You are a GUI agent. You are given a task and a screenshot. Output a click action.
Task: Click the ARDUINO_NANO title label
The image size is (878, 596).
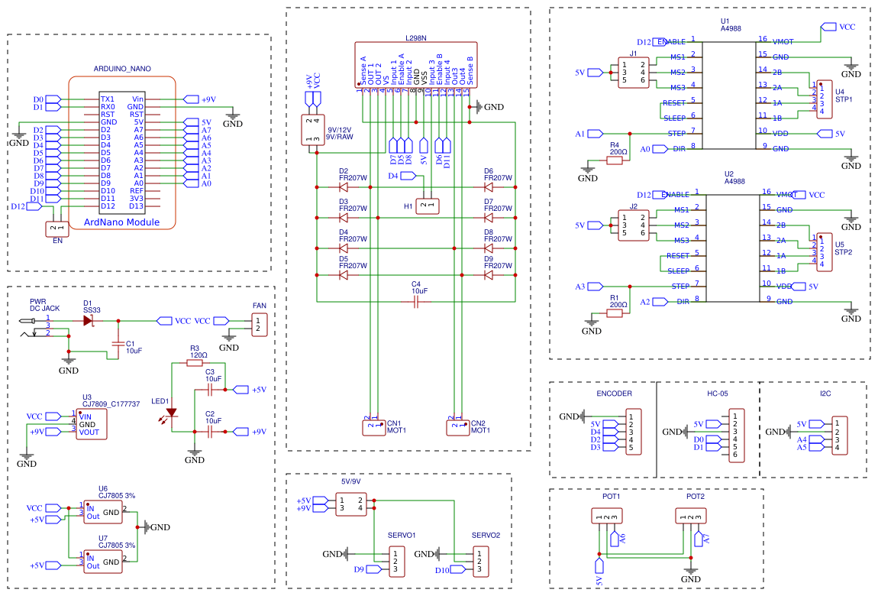tap(122, 69)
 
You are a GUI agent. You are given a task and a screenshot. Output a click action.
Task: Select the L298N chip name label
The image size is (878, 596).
tap(416, 37)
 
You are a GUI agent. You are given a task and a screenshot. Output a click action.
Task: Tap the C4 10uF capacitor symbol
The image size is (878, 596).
tap(416, 303)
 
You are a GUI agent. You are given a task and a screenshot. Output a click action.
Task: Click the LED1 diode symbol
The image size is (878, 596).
tap(172, 413)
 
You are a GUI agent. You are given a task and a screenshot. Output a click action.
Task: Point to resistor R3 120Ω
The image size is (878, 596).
tap(199, 364)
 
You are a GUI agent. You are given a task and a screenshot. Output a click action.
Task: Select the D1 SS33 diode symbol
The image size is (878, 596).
tap(89, 321)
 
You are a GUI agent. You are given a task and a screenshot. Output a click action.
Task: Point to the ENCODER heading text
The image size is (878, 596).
tap(614, 394)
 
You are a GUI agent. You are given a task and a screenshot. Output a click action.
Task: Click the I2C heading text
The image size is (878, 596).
tap(825, 394)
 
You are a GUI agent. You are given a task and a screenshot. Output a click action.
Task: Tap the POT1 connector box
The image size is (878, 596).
tap(607, 517)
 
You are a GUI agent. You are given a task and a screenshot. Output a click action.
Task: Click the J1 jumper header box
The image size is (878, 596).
tap(634, 73)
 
